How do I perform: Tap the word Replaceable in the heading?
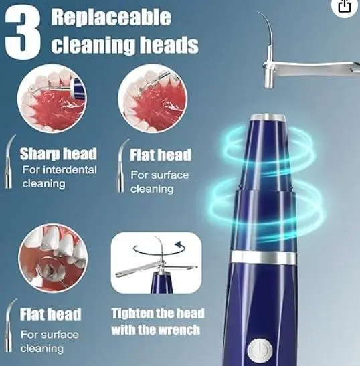click(x=111, y=17)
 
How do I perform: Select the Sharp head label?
click(x=58, y=154)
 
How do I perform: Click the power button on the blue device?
click(x=260, y=350)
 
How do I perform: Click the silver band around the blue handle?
click(x=264, y=258)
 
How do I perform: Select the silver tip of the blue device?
click(x=268, y=117)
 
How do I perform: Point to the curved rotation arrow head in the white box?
click(x=179, y=245)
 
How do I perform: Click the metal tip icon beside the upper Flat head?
click(x=122, y=165)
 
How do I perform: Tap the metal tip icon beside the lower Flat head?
click(x=10, y=325)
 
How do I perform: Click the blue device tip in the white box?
click(x=162, y=282)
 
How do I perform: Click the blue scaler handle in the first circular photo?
click(x=78, y=88)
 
